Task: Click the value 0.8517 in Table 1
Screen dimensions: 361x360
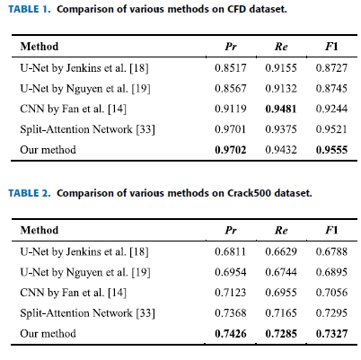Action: tap(231, 68)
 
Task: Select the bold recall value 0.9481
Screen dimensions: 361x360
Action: tap(281, 109)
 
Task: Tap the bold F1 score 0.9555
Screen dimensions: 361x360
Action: tap(331, 150)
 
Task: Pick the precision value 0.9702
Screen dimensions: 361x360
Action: tap(231, 150)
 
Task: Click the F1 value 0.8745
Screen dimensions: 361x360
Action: tap(331, 89)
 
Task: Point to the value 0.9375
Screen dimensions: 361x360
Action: tap(281, 129)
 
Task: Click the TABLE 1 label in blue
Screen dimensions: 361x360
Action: tap(30, 9)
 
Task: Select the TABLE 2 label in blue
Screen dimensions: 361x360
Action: tap(30, 193)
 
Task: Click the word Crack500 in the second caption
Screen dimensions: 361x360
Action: tap(250, 193)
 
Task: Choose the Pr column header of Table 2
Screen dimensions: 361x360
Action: tap(231, 231)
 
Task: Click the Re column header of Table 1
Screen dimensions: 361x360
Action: tap(281, 47)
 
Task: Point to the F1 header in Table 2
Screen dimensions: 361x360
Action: tap(331, 231)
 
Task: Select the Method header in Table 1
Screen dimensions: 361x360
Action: tap(40, 47)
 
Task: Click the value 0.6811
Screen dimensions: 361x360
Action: tap(231, 251)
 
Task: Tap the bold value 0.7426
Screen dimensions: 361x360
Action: tap(231, 333)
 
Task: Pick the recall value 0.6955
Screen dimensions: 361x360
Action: tap(281, 293)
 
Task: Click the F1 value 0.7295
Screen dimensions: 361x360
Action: tap(331, 313)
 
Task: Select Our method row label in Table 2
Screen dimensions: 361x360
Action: tap(48, 333)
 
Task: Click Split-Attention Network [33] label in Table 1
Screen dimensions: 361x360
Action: tap(87, 129)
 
